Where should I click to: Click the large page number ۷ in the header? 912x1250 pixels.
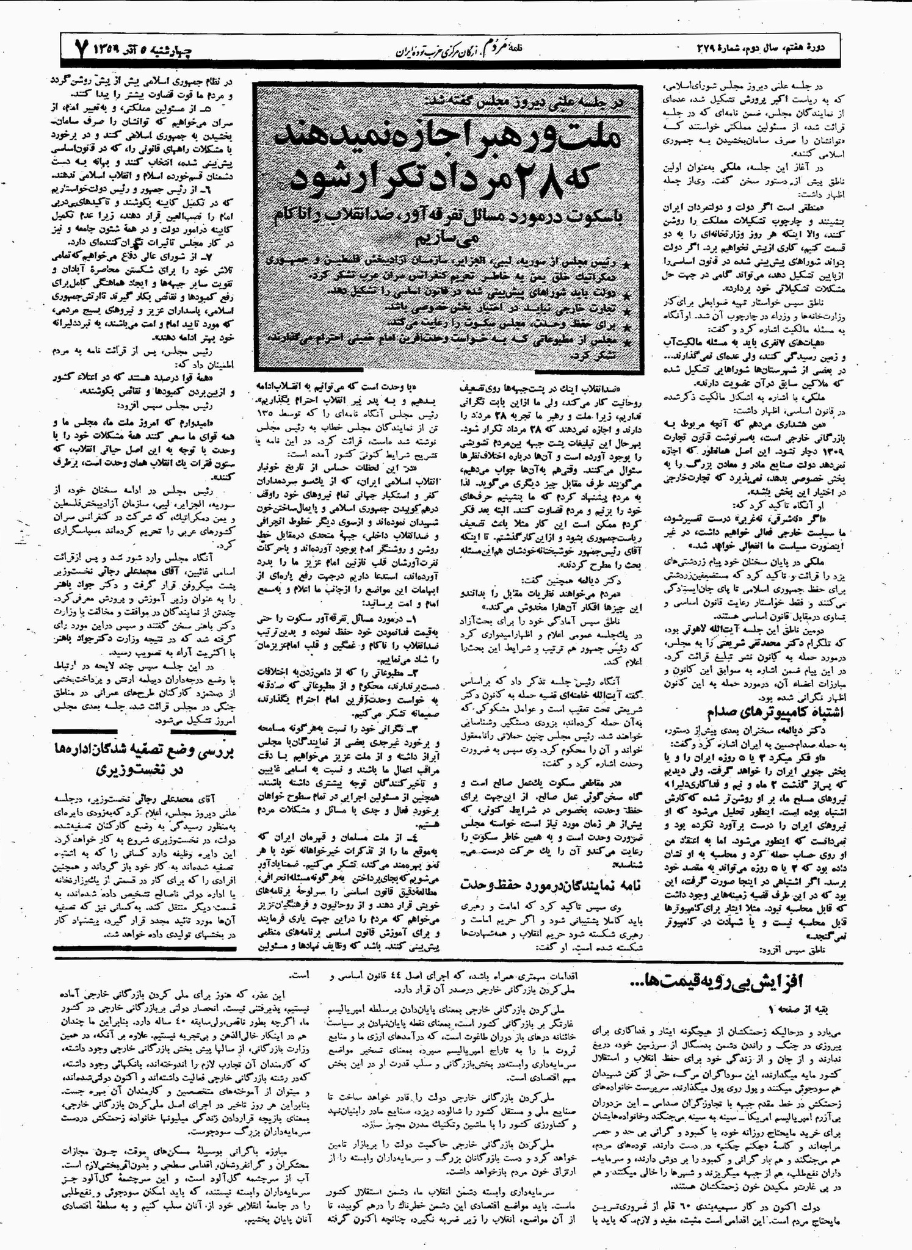tap(84, 47)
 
